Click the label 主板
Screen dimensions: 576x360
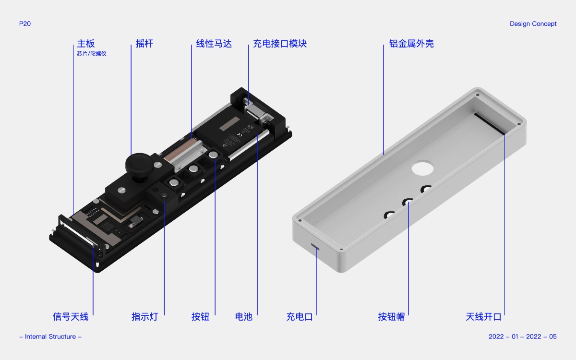(86, 44)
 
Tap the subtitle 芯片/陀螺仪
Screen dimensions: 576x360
(92, 54)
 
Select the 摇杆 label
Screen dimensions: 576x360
(144, 44)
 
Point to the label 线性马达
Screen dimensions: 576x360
(214, 44)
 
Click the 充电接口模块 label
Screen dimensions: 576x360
(280, 44)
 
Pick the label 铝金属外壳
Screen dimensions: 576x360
(411, 44)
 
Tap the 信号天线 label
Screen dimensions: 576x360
(71, 316)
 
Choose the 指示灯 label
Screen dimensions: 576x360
(145, 316)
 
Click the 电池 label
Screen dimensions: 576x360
(244, 316)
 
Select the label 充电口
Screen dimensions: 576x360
(300, 316)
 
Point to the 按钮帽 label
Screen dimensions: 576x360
(391, 316)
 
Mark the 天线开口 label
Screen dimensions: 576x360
(483, 316)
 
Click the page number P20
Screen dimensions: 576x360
(25, 24)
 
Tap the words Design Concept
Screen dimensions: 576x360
(533, 24)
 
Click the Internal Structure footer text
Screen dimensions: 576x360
(50, 336)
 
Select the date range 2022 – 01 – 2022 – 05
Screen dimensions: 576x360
(523, 336)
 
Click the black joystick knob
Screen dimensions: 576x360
(140, 165)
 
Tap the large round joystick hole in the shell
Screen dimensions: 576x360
(422, 168)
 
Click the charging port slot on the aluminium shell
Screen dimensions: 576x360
(315, 246)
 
